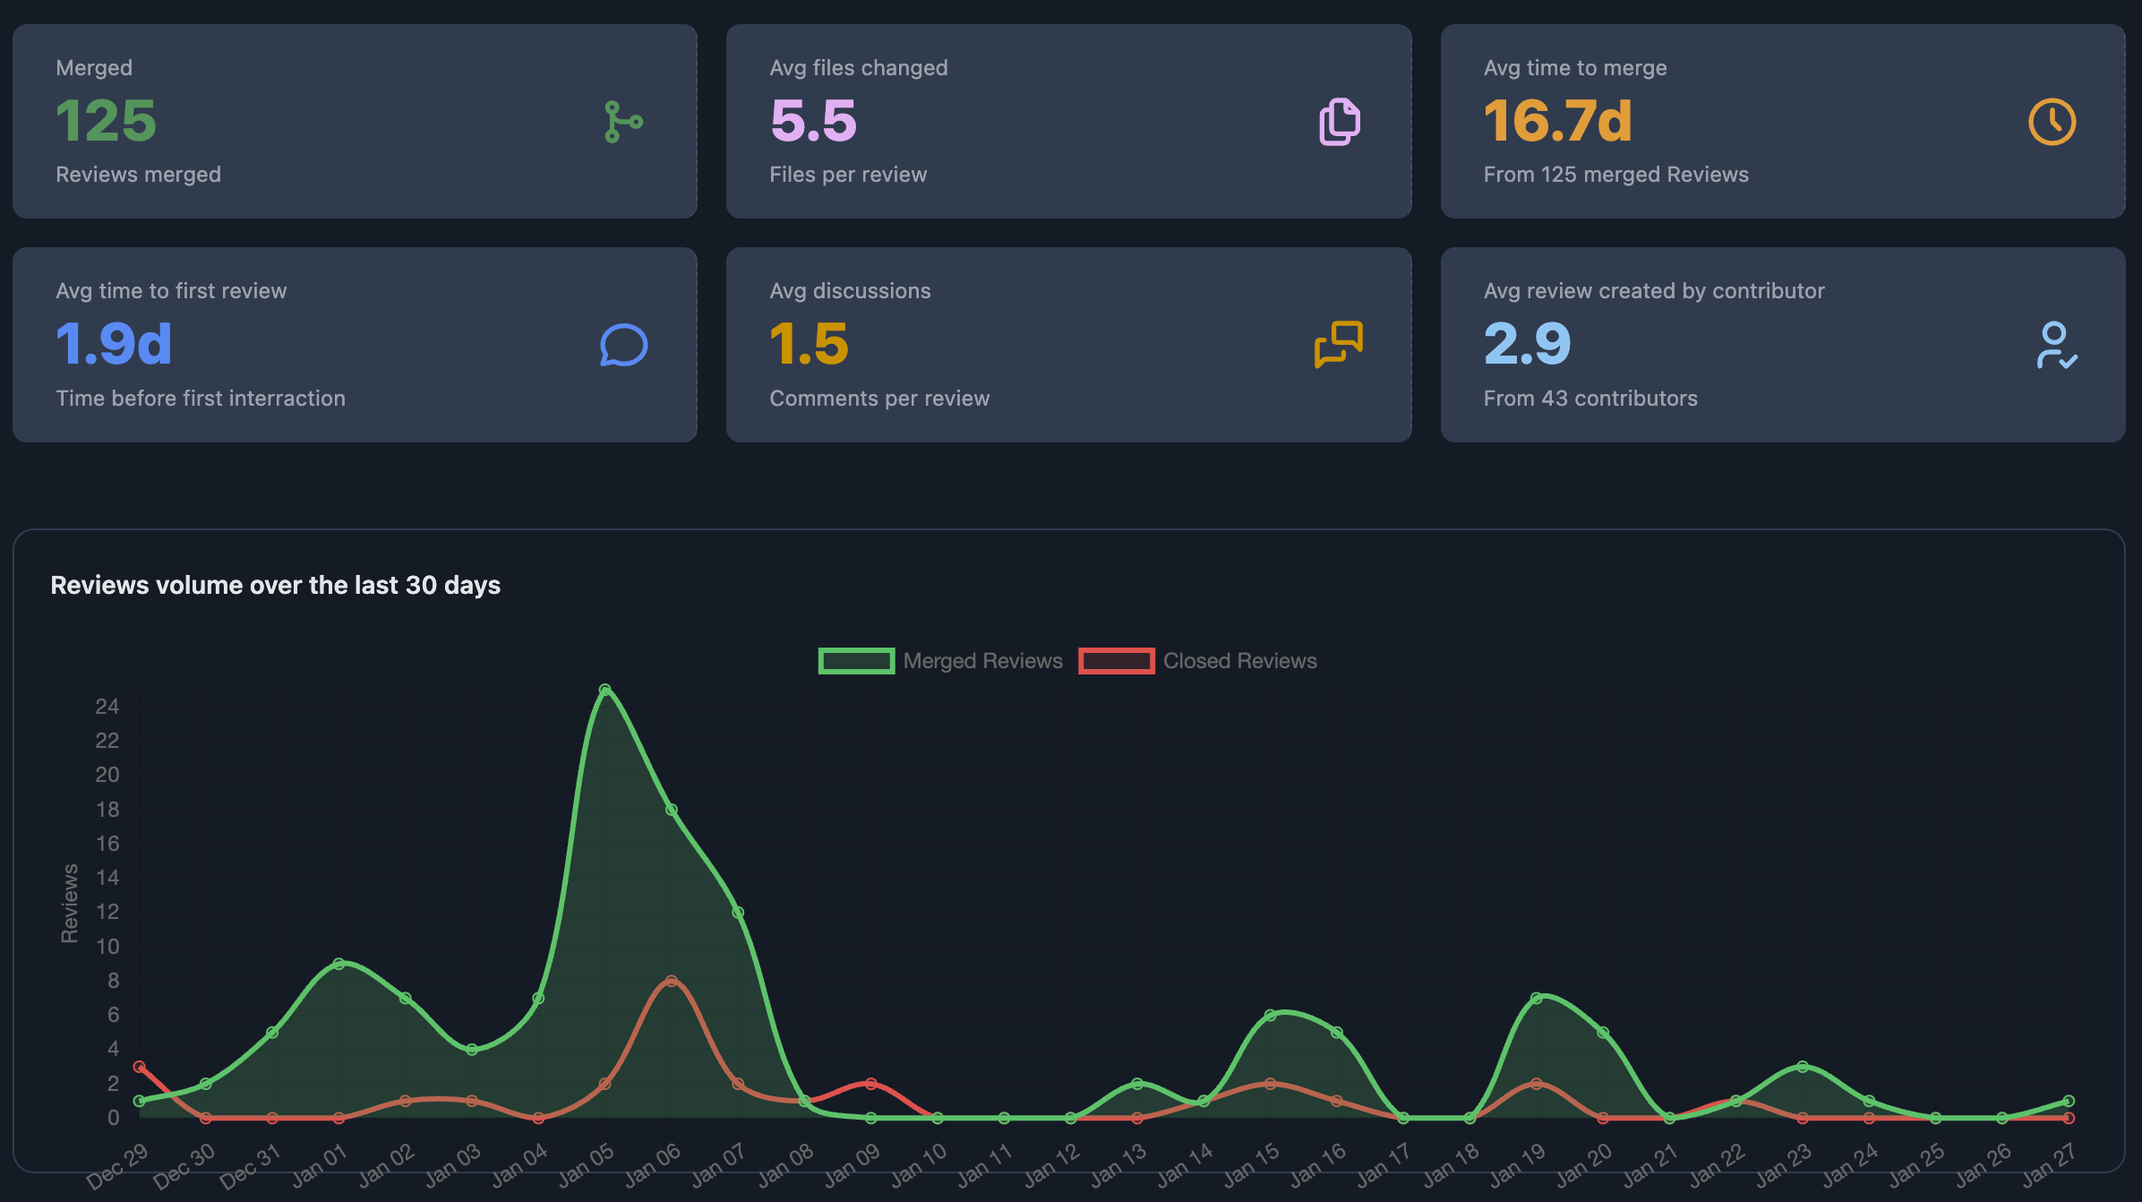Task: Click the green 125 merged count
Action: pos(106,121)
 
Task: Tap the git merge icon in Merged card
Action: pos(622,122)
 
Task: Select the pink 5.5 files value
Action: pos(813,121)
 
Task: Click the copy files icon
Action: pos(1339,122)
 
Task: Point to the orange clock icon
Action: pos(2052,122)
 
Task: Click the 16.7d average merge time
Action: pos(1557,121)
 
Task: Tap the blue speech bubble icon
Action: pos(623,345)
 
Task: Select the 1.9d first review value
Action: pos(114,344)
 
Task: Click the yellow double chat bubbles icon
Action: pos(1338,344)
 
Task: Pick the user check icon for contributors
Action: pos(2056,345)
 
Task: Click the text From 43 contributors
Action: pos(1589,399)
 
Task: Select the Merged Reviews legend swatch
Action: pos(856,661)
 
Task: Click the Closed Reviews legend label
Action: pos(1239,661)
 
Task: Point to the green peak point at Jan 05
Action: pos(605,690)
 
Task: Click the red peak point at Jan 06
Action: pos(672,981)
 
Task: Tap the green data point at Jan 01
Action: pos(338,964)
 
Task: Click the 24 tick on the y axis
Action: pos(107,707)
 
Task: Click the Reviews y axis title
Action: pos(69,903)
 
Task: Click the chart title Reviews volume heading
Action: pos(275,585)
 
